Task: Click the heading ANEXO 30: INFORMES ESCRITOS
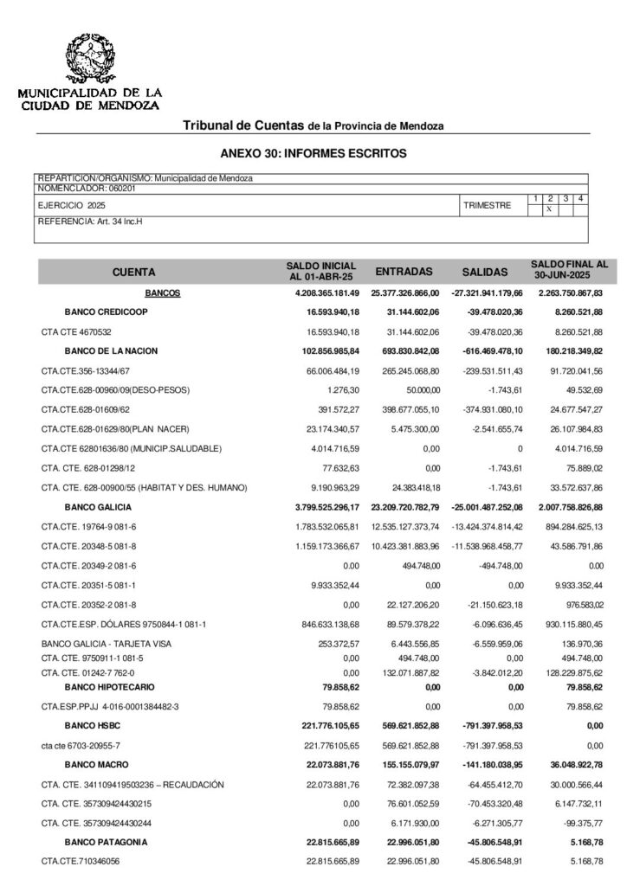coord(313,153)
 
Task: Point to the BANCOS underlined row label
coord(163,293)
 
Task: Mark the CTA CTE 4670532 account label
coord(76,331)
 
